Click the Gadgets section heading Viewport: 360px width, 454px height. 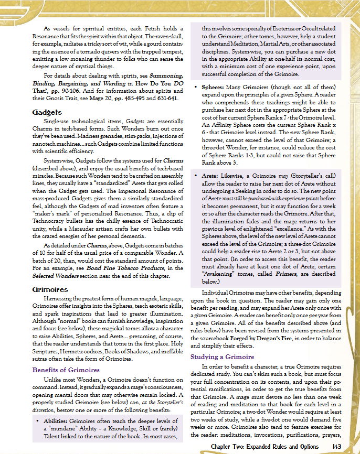[x=47, y=112]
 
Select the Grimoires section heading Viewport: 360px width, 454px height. [x=50, y=289]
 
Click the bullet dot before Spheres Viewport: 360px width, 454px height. [x=196, y=86]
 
